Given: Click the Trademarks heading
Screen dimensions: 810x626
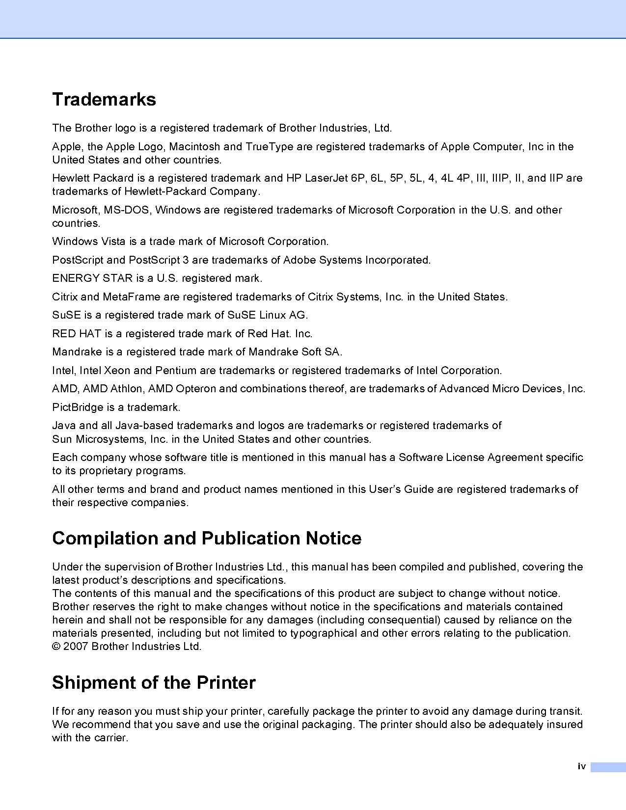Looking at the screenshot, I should (x=104, y=99).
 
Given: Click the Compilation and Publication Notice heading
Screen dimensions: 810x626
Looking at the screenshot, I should (x=207, y=538).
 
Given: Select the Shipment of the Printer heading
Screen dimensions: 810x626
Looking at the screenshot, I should (x=154, y=682).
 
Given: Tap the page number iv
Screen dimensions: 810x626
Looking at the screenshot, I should (x=582, y=766).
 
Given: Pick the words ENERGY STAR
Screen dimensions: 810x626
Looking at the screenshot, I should (x=92, y=278).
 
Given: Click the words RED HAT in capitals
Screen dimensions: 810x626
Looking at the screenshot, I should (x=77, y=334).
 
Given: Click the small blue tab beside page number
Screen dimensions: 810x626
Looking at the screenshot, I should (x=608, y=767).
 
